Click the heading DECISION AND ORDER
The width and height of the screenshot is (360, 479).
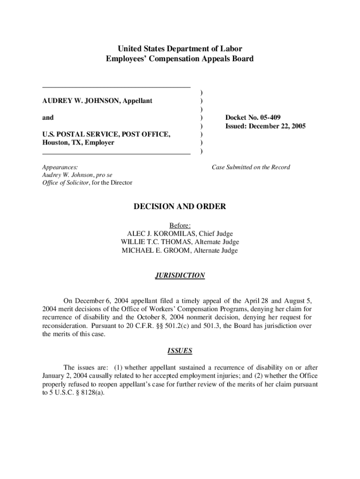pyautogui.click(x=180, y=207)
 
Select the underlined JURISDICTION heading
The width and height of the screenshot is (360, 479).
pyautogui.click(x=180, y=276)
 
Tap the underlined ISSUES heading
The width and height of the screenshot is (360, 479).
pyautogui.click(x=180, y=350)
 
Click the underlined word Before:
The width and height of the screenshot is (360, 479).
pyautogui.click(x=180, y=225)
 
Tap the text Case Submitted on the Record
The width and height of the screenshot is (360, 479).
pyautogui.click(x=251, y=167)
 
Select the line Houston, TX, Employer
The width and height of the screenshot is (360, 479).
pyautogui.click(x=78, y=143)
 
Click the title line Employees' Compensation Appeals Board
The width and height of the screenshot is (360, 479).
pyautogui.click(x=180, y=59)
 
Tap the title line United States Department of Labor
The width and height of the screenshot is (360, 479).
pyautogui.click(x=180, y=49)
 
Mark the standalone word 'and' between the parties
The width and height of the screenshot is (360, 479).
pyautogui.click(x=48, y=117)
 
